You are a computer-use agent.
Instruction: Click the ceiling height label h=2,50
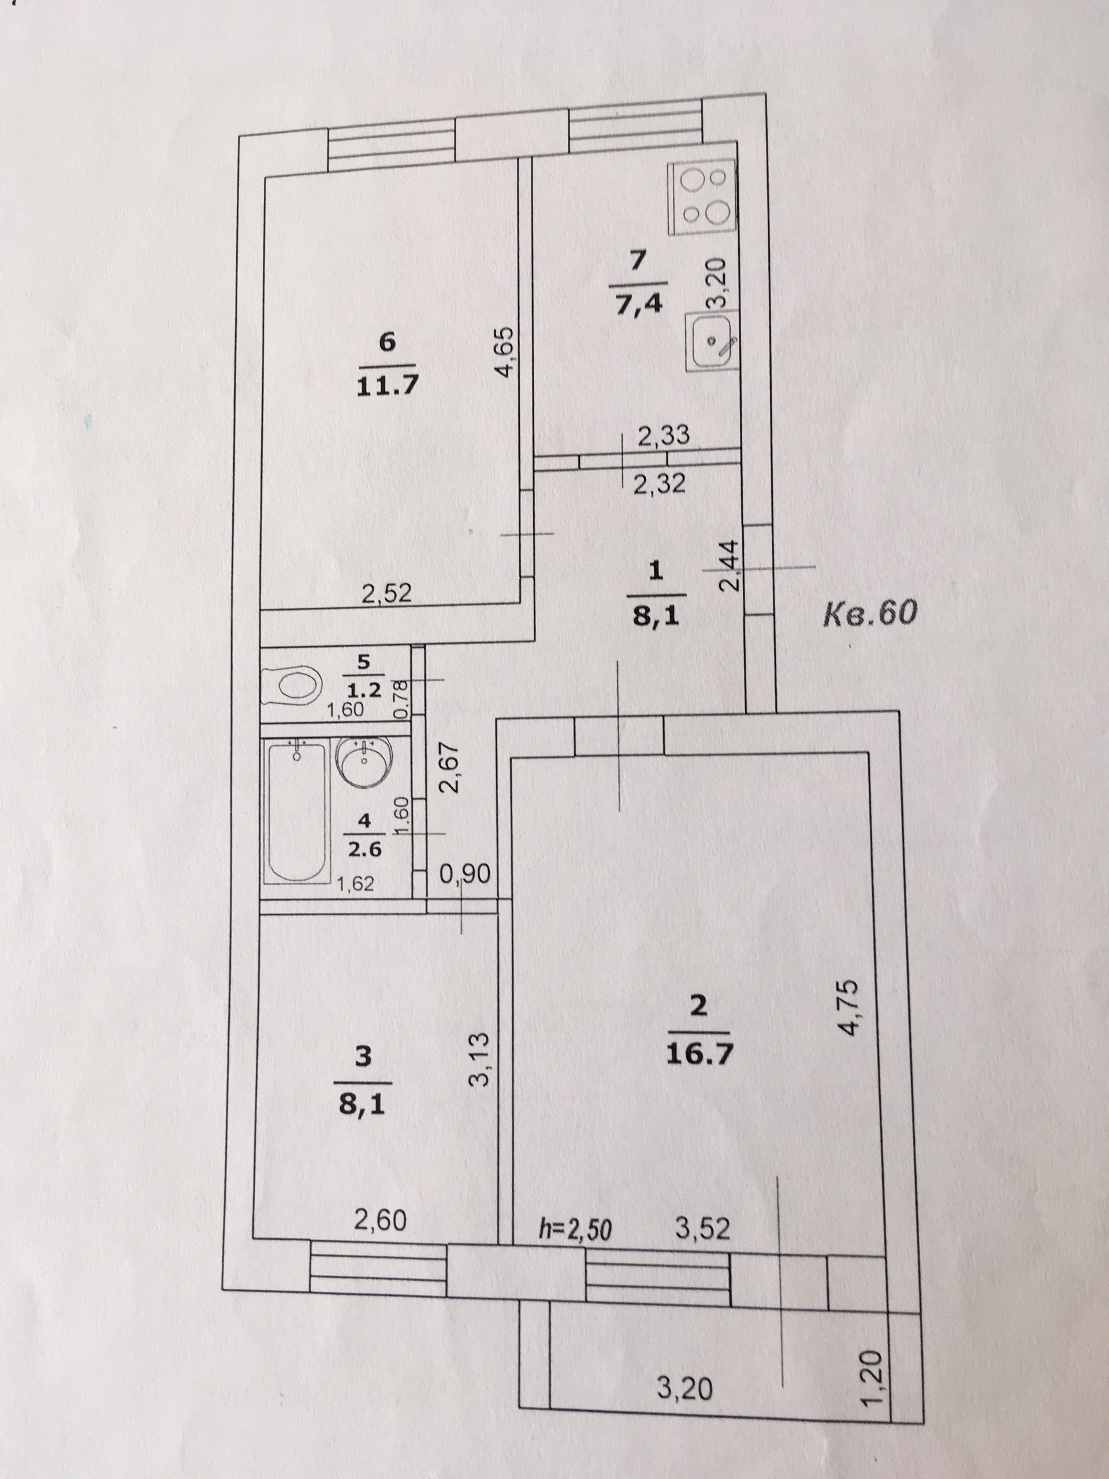coord(574,1229)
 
